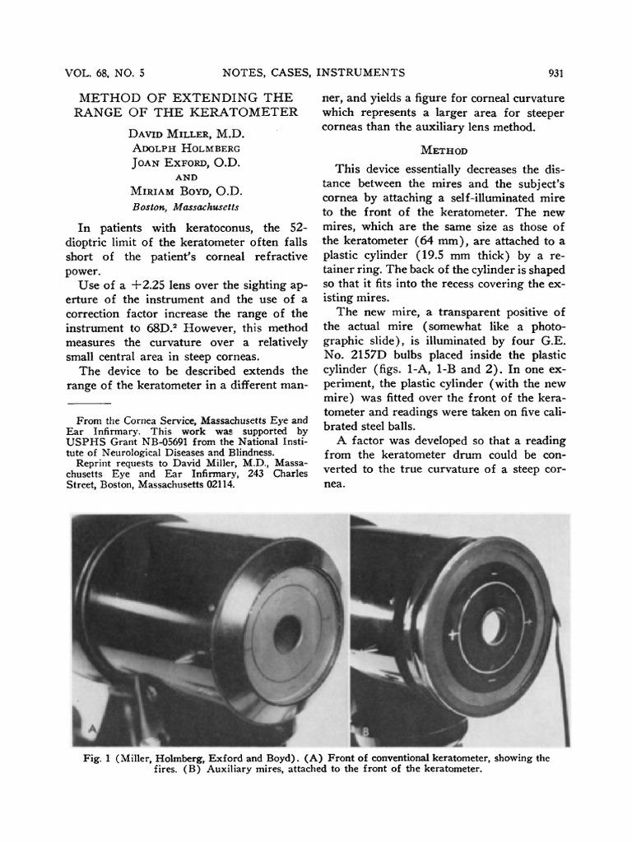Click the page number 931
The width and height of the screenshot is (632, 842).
pos(554,73)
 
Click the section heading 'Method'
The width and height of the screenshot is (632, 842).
pos(444,150)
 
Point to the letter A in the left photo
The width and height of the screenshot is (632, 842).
pos(92,729)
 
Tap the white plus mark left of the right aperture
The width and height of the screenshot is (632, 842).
pos(452,635)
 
